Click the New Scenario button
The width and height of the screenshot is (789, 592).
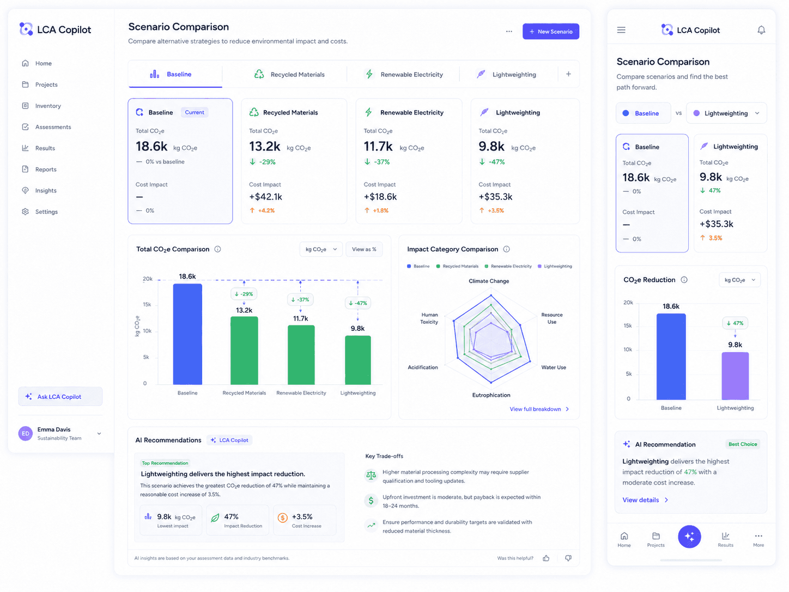click(x=550, y=32)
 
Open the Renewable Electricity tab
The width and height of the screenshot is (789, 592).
click(x=403, y=74)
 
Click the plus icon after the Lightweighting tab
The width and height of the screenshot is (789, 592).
click(x=568, y=74)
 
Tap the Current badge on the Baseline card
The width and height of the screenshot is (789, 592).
click(x=194, y=112)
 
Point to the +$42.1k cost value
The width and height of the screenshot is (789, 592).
click(x=266, y=197)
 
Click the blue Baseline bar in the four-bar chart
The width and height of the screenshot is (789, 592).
click(x=187, y=334)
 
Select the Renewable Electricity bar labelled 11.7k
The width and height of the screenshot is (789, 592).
click(x=301, y=355)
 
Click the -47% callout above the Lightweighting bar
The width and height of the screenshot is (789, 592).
click(x=357, y=303)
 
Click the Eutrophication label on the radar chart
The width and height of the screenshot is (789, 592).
click(x=491, y=395)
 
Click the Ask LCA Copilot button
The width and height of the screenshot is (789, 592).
click(x=60, y=396)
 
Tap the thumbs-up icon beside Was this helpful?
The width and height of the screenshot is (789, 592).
click(x=546, y=558)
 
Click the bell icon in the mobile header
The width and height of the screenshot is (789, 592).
click(x=761, y=30)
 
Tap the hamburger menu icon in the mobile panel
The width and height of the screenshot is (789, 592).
click(x=621, y=30)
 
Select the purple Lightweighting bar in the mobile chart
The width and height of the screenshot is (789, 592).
click(x=735, y=376)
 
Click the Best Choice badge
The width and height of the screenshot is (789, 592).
click(x=742, y=444)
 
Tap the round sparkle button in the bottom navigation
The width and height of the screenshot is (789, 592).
click(x=689, y=536)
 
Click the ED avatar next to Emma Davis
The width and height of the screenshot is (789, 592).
click(x=26, y=433)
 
